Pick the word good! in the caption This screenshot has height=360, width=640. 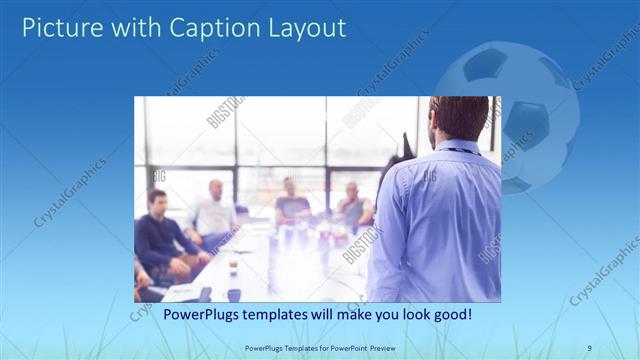pos(451,315)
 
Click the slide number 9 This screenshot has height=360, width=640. pos(590,348)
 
